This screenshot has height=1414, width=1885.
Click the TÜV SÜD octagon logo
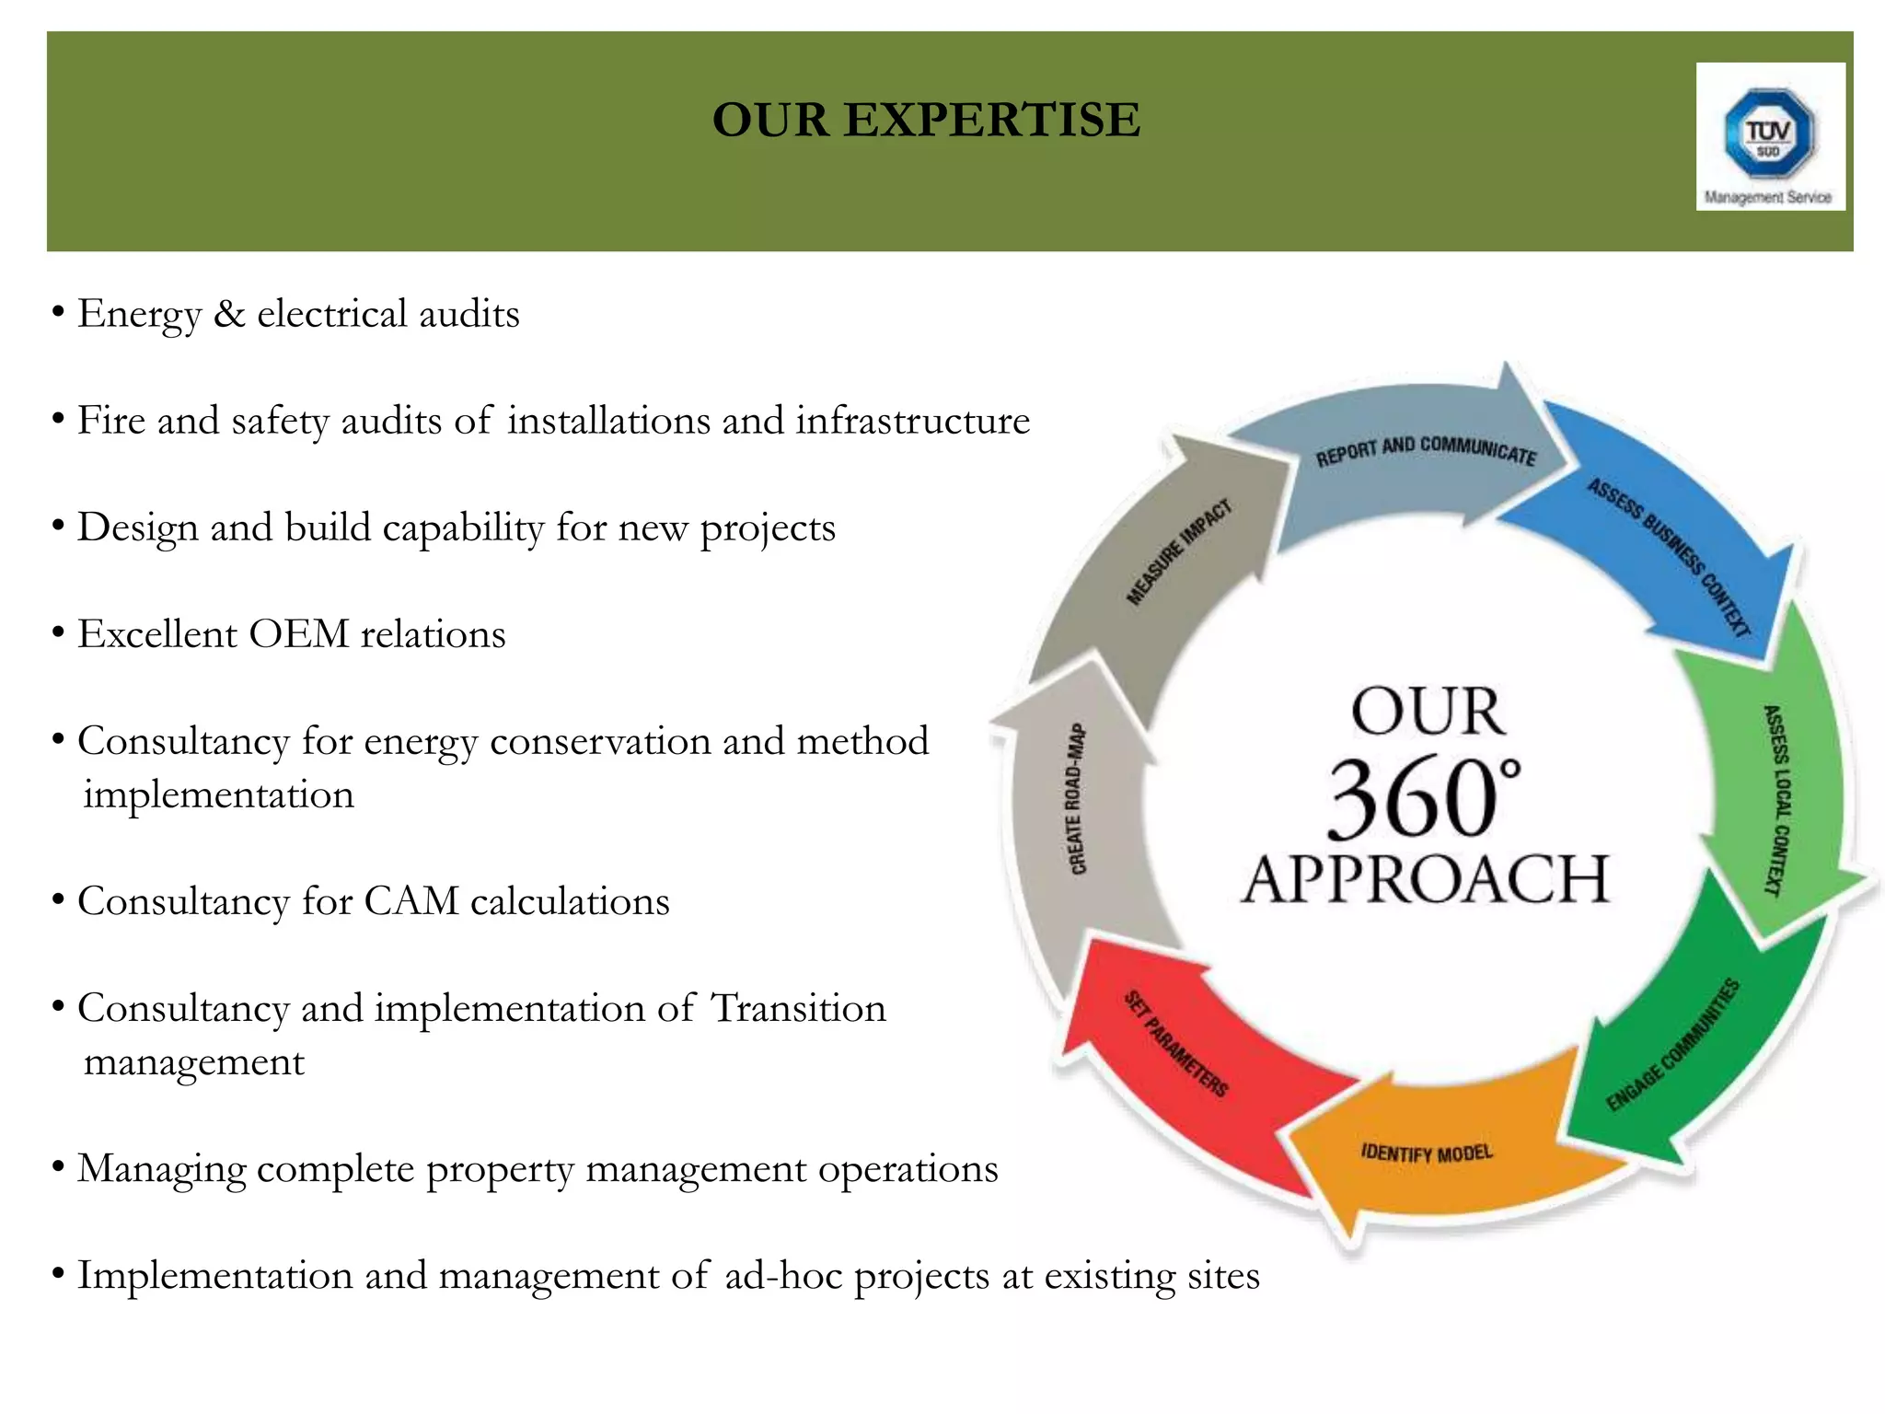tap(1769, 133)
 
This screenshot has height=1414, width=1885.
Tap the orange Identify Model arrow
tap(1427, 1153)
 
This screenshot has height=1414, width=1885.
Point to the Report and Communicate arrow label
tap(1426, 450)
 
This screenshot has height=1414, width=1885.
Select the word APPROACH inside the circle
tap(1425, 879)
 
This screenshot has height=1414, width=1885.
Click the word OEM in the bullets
tap(299, 634)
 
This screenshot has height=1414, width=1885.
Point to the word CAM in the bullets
tap(411, 901)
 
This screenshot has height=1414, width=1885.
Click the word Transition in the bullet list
tap(798, 1008)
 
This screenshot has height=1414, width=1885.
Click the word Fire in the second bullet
tap(110, 421)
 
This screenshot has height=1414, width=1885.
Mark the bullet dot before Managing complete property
tap(58, 1167)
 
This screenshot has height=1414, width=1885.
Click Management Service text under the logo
tap(1767, 197)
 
